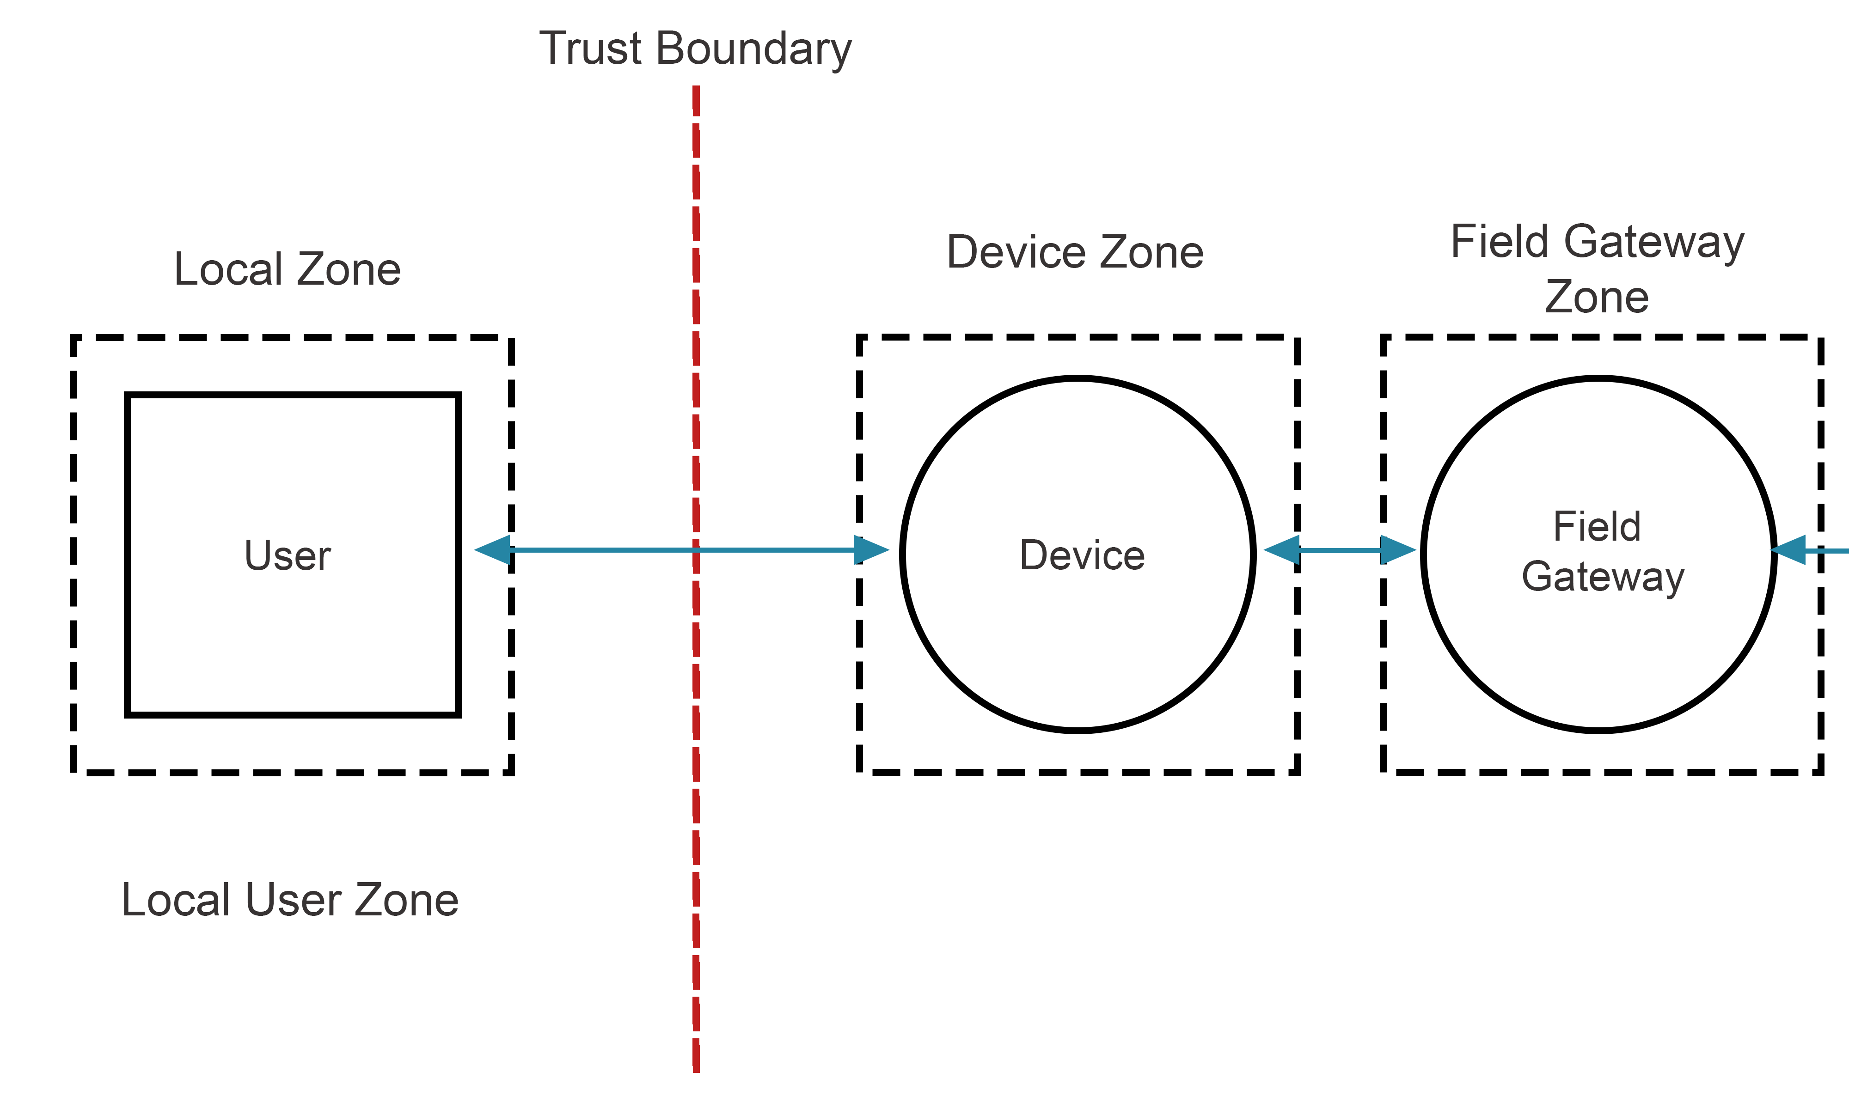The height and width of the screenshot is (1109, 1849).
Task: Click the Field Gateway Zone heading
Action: tap(1597, 269)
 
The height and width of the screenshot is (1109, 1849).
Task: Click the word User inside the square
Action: tap(288, 555)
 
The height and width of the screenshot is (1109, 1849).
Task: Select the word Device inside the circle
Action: tap(1082, 555)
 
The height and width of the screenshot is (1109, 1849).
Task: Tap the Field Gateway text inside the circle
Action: tap(1599, 552)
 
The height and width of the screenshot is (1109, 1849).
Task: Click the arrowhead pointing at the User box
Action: tap(493, 550)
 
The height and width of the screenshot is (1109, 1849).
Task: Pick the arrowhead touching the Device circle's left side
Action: tap(871, 550)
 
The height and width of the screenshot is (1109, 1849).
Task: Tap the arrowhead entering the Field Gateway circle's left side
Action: tap(1397, 550)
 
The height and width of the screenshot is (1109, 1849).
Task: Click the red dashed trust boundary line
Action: tap(696, 822)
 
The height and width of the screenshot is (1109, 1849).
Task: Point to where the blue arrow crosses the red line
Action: tap(696, 550)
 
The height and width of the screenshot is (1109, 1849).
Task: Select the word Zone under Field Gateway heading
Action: tap(1597, 298)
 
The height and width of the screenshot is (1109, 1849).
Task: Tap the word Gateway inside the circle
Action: tap(1603, 577)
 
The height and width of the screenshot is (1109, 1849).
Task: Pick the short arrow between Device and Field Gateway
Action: tap(1340, 550)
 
